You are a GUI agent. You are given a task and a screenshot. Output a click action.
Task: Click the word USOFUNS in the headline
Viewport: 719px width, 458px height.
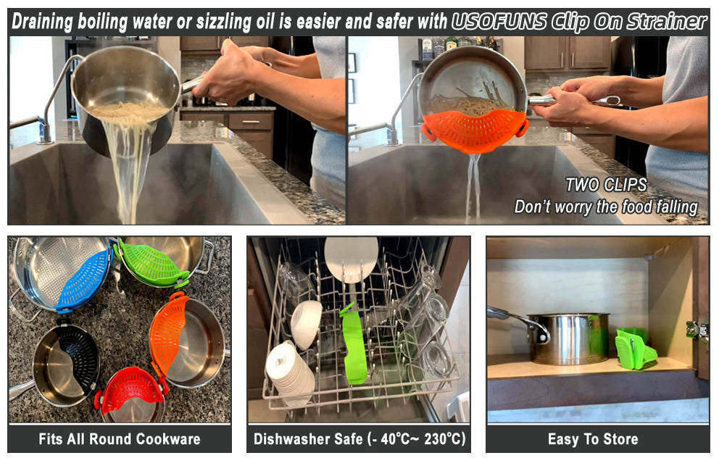499,21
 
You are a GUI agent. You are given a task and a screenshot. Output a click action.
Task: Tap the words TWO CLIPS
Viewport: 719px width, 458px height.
606,185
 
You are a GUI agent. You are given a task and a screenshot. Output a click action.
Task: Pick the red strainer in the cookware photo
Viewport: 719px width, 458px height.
132,390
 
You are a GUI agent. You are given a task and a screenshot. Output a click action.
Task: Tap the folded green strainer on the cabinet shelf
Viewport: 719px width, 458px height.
634,349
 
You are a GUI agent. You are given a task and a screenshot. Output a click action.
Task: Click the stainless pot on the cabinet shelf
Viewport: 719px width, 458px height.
568,338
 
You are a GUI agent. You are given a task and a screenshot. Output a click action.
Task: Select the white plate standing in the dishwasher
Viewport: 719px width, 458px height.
352,258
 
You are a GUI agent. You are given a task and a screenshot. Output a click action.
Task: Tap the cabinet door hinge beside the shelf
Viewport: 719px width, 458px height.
696,329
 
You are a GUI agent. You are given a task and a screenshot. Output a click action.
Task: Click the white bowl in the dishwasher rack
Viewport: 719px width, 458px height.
306,322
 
